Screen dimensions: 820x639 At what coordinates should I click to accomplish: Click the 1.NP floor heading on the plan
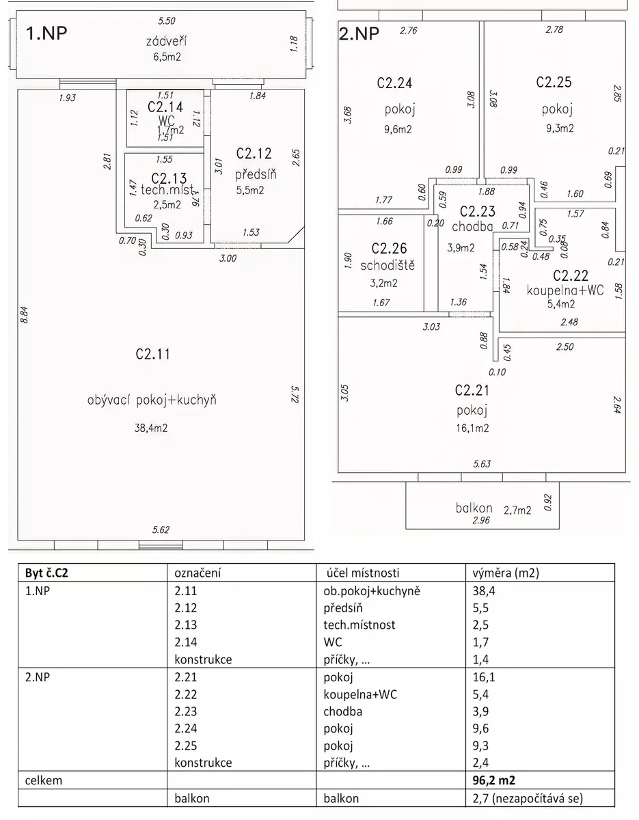47,33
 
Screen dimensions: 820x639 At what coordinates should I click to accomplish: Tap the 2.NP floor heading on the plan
359,34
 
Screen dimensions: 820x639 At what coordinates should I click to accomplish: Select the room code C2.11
152,354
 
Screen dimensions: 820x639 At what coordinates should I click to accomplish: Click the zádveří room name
166,42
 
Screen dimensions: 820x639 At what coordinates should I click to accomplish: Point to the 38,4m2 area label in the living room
151,428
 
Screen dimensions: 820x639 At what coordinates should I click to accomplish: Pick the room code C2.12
254,152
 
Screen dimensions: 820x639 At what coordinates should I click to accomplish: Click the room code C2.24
394,83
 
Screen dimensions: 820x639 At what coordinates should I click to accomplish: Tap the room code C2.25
554,82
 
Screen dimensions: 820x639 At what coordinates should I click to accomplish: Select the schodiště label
388,265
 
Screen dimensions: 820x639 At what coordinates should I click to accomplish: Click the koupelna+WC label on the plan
565,290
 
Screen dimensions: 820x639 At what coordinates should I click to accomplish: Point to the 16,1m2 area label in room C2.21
472,428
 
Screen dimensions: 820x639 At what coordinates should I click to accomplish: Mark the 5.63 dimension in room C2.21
482,465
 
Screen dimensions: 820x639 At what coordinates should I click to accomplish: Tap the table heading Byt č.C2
46,573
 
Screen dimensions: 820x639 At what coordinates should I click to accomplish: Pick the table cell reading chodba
343,711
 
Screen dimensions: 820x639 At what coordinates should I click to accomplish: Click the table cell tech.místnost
359,625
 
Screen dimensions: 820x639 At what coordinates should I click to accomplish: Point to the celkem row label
44,780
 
